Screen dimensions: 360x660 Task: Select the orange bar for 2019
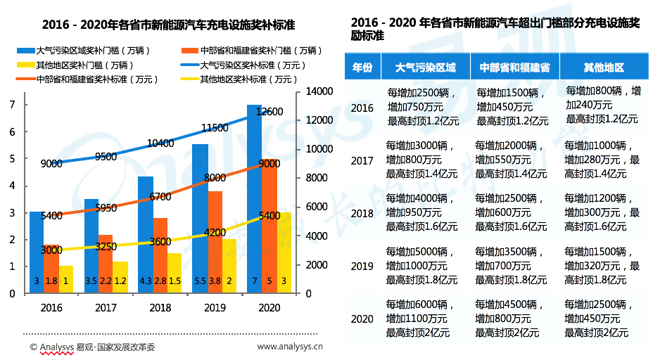[215, 239]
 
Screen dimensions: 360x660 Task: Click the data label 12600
[269, 112]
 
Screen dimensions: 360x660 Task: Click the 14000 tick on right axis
[319, 91]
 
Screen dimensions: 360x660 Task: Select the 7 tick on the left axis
[12, 105]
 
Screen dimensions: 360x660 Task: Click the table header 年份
[362, 67]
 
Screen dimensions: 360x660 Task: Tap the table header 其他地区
[604, 67]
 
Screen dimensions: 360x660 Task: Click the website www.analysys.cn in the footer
[285, 347]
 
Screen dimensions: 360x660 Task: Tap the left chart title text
[168, 25]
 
